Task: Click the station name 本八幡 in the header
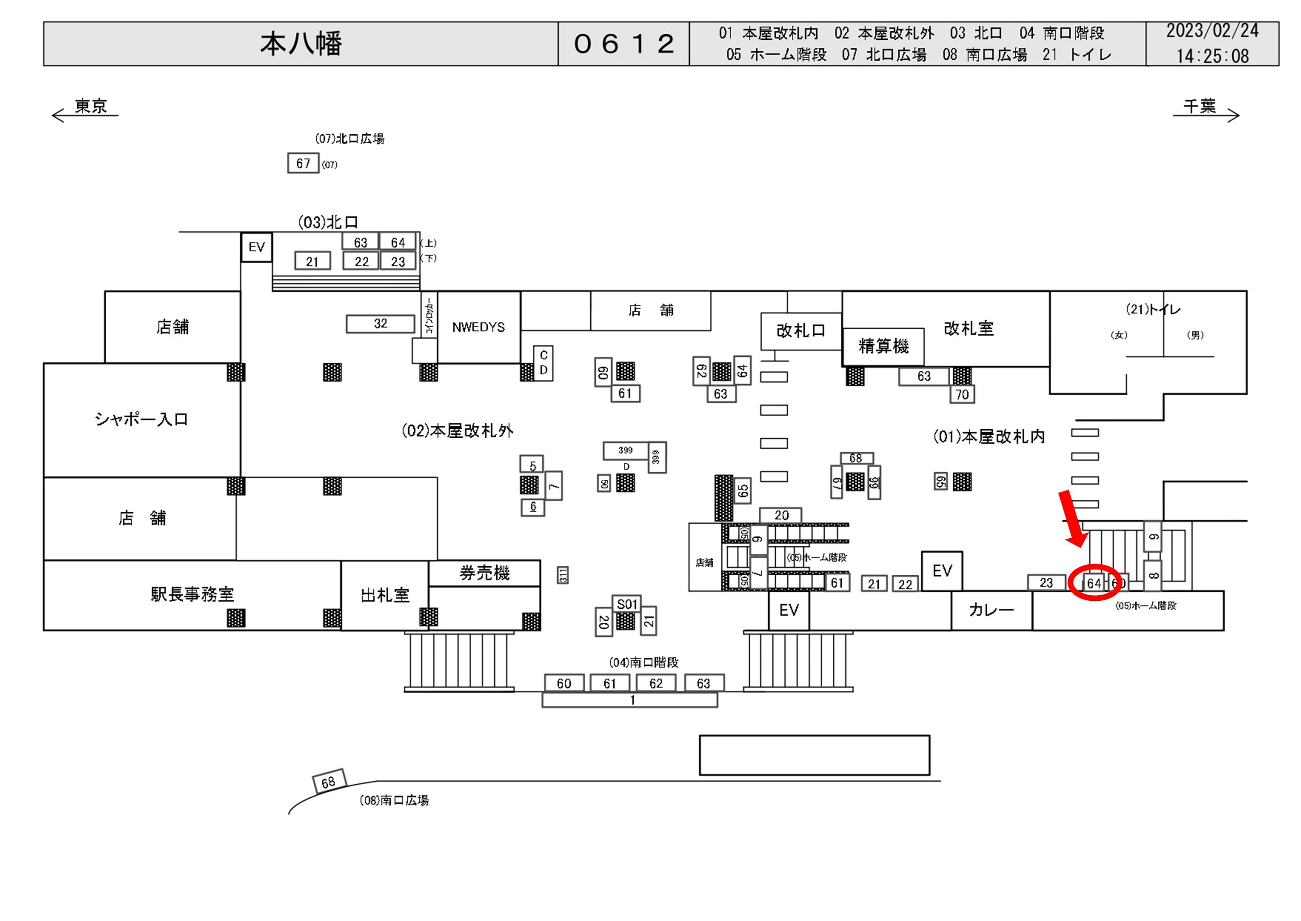pos(301,44)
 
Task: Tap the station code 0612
pos(624,44)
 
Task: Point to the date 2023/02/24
pos(1212,31)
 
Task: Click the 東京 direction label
pos(91,107)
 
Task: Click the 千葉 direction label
pos(1199,107)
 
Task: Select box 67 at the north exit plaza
pos(303,163)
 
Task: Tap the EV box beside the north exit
pos(257,247)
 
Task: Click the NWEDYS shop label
pos(478,327)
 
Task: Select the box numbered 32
pos(380,324)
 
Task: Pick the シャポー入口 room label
pos(141,420)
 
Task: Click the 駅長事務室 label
pos(192,594)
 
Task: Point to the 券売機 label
pos(484,573)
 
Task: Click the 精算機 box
pos(883,346)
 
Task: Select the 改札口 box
pos(801,331)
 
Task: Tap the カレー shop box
pos(991,610)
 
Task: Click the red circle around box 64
pos(1094,583)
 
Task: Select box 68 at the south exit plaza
pos(328,782)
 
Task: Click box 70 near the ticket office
pos(962,395)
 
